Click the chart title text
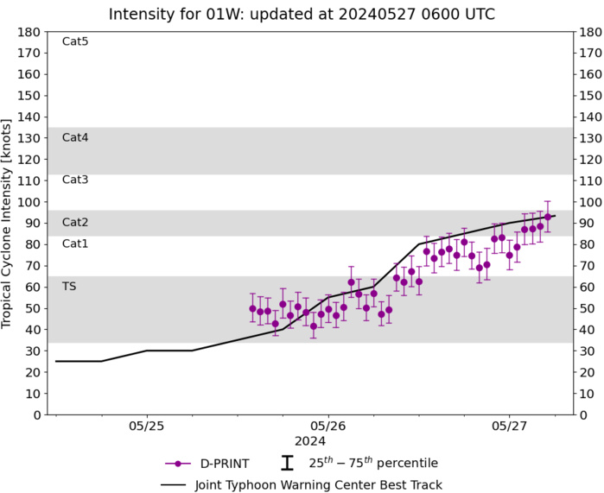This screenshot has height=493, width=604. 302,14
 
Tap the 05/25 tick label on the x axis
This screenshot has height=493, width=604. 147,426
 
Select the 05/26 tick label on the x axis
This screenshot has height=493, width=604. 328,426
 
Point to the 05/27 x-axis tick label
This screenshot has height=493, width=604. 510,426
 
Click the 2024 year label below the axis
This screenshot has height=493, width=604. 328,440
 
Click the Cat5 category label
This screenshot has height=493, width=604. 74,41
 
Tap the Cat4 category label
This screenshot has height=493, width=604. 74,137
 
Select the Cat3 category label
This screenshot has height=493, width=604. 74,180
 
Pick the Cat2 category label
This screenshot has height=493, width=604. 74,223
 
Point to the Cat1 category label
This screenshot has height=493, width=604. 74,243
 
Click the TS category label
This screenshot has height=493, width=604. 69,286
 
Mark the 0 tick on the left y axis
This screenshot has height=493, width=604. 37,414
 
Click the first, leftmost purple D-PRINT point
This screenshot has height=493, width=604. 252,308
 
